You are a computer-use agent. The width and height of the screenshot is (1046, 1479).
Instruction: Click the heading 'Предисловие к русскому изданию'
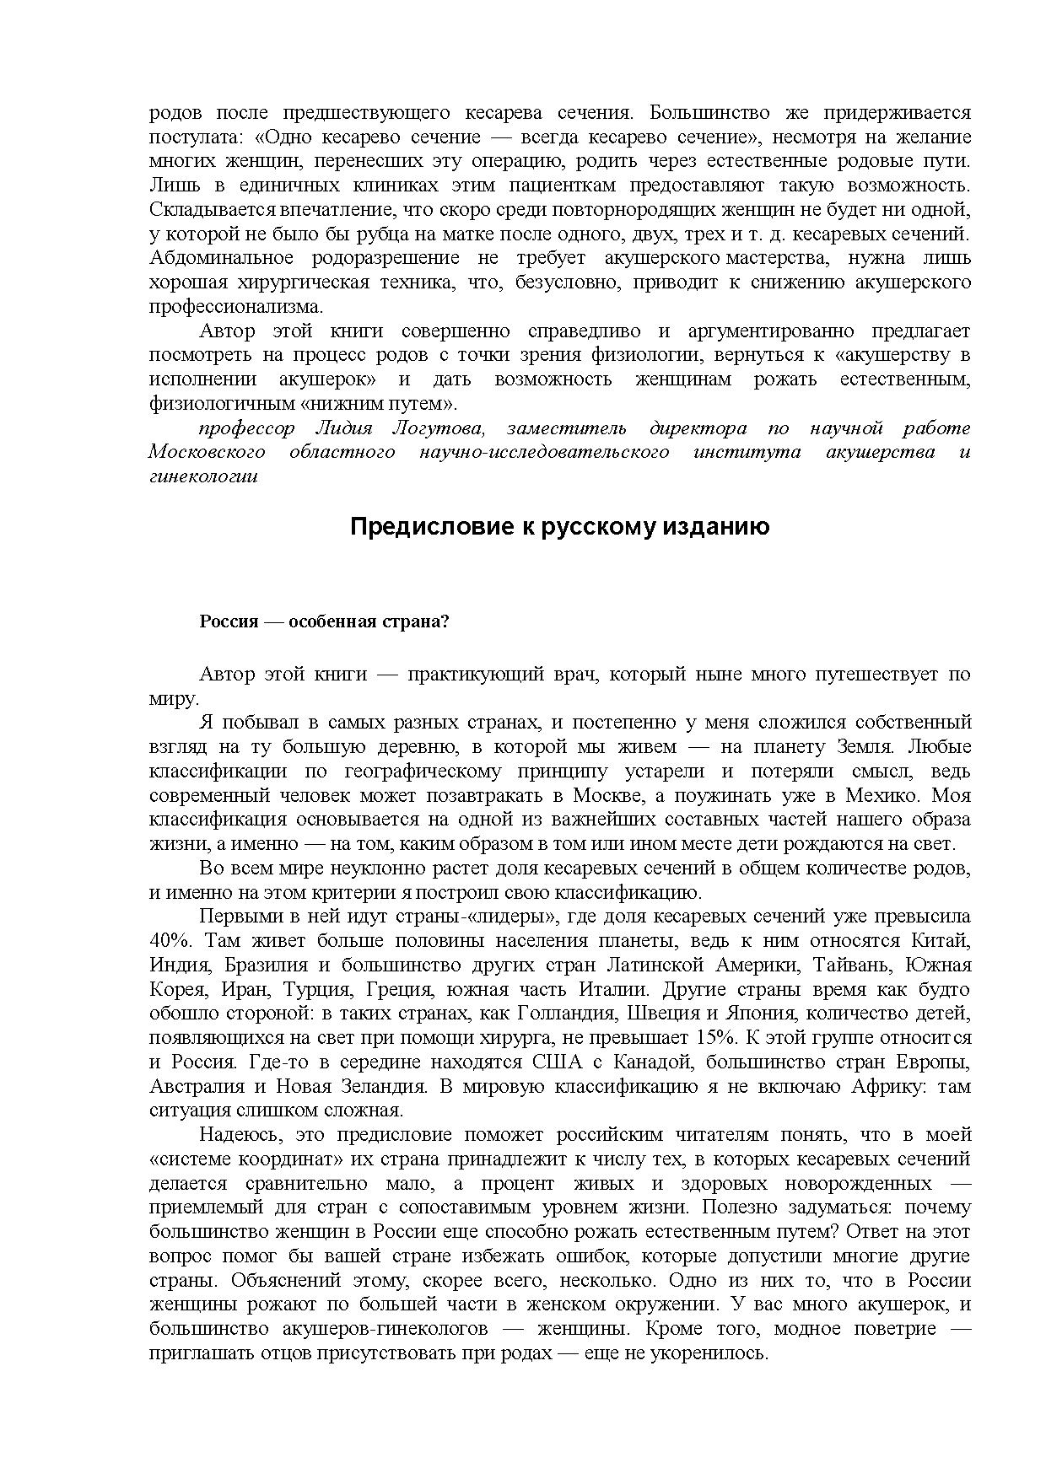tap(559, 527)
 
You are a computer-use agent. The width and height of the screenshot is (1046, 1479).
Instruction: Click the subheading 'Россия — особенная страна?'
tap(324, 622)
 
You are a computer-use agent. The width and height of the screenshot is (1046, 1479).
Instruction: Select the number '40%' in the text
tap(168, 940)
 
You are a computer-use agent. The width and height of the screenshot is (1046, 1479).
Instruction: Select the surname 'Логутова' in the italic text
tap(439, 428)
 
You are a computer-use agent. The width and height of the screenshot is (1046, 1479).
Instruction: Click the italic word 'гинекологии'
tap(203, 476)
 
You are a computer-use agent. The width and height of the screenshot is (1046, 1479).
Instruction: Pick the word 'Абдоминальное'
tap(221, 258)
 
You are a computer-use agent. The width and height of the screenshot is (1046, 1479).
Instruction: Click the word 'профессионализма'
tap(235, 306)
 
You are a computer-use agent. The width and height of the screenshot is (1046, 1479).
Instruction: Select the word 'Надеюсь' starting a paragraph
tap(238, 1135)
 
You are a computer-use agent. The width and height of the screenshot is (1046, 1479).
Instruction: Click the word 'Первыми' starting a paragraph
tap(236, 916)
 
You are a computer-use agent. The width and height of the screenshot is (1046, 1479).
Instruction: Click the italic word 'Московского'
tap(207, 453)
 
